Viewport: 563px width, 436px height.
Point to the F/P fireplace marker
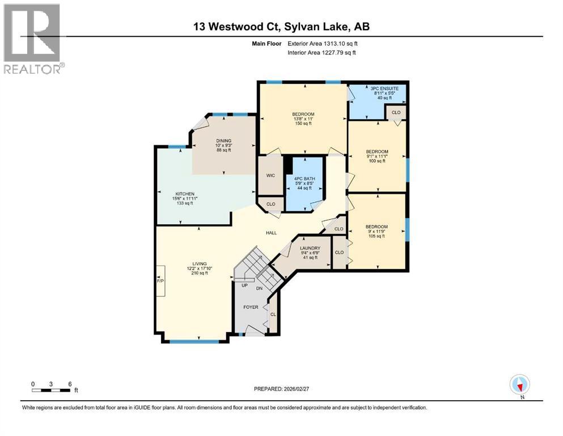(x=160, y=280)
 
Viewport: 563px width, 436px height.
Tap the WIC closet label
(x=270, y=175)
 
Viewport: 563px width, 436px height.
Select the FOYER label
(x=251, y=307)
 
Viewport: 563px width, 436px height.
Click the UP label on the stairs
(x=245, y=285)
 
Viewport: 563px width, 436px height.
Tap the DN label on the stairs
(x=260, y=288)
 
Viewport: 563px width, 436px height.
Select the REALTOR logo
(x=32, y=39)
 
